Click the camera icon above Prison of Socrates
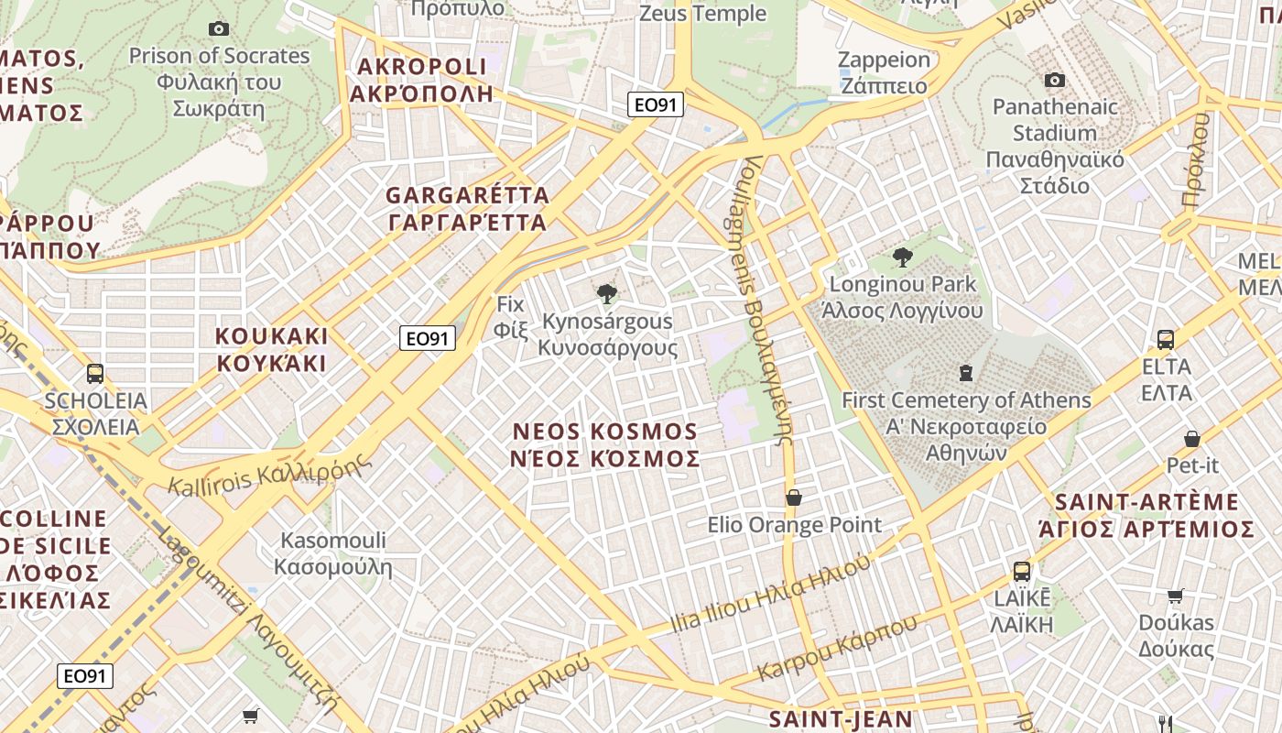[218, 29]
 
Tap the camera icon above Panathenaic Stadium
[1055, 81]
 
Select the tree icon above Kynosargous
[606, 294]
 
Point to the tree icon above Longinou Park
[902, 257]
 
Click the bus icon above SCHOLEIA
[95, 374]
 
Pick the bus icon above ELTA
[1166, 340]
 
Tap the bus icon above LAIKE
[1022, 572]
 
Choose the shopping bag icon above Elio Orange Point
[794, 498]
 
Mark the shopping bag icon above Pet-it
[1192, 439]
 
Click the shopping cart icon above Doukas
[1176, 596]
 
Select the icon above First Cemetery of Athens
[966, 373]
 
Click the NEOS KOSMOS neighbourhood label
[605, 444]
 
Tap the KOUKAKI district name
[271, 349]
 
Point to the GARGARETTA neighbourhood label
[467, 209]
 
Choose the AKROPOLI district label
[422, 80]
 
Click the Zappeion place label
[884, 72]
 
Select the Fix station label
[511, 316]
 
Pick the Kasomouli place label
[333, 553]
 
